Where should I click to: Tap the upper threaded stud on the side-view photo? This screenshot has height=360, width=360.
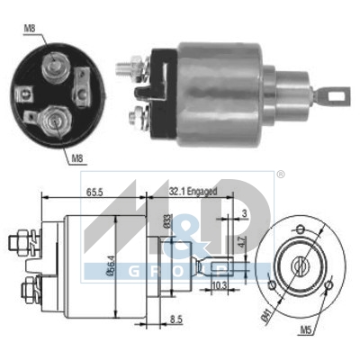(130, 66)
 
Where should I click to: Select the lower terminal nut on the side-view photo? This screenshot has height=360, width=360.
(138, 115)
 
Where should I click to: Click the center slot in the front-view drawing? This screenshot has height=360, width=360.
(299, 265)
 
